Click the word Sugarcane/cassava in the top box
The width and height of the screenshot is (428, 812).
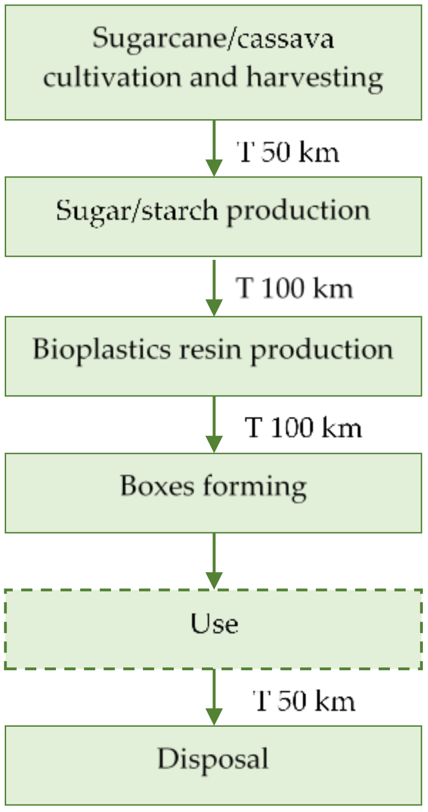pyautogui.click(x=213, y=39)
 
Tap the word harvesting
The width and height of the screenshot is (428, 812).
pyautogui.click(x=315, y=78)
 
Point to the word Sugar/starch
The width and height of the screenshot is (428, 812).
pyautogui.click(x=136, y=211)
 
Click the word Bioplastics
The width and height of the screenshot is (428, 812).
pyautogui.click(x=101, y=350)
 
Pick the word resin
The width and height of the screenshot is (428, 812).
pyautogui.click(x=210, y=350)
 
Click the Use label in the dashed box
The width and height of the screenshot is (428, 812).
pyautogui.click(x=214, y=624)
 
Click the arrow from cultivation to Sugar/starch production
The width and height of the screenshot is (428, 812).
pyautogui.click(x=214, y=148)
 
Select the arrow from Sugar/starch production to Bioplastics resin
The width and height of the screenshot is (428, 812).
pyautogui.click(x=214, y=287)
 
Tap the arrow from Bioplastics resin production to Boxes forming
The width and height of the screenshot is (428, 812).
pyautogui.click(x=214, y=424)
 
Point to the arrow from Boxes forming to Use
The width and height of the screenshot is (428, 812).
pyautogui.click(x=214, y=560)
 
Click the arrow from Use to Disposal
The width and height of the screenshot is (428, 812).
pyautogui.click(x=214, y=697)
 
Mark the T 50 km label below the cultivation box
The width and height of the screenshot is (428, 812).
pyautogui.click(x=288, y=153)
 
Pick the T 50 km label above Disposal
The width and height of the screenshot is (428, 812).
pyautogui.click(x=304, y=701)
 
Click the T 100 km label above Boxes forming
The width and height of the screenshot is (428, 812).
pyautogui.click(x=303, y=428)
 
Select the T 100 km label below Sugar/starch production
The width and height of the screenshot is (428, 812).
pyautogui.click(x=294, y=288)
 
